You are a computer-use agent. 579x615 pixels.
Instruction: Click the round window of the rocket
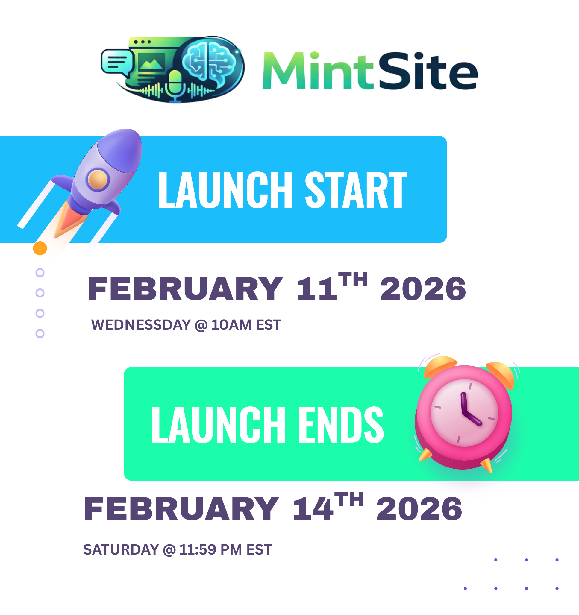coord(98,180)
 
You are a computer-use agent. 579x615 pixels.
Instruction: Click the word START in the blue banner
coord(356,190)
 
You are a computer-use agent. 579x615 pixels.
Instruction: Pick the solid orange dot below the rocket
coord(40,248)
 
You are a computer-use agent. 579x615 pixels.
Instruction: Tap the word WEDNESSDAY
coord(141,325)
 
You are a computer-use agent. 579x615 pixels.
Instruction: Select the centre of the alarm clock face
coord(464,413)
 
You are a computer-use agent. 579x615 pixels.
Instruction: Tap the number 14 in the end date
coord(313,509)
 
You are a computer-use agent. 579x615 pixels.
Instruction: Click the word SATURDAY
coord(121,550)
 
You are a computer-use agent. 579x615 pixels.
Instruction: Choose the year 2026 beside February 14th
coord(419,509)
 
